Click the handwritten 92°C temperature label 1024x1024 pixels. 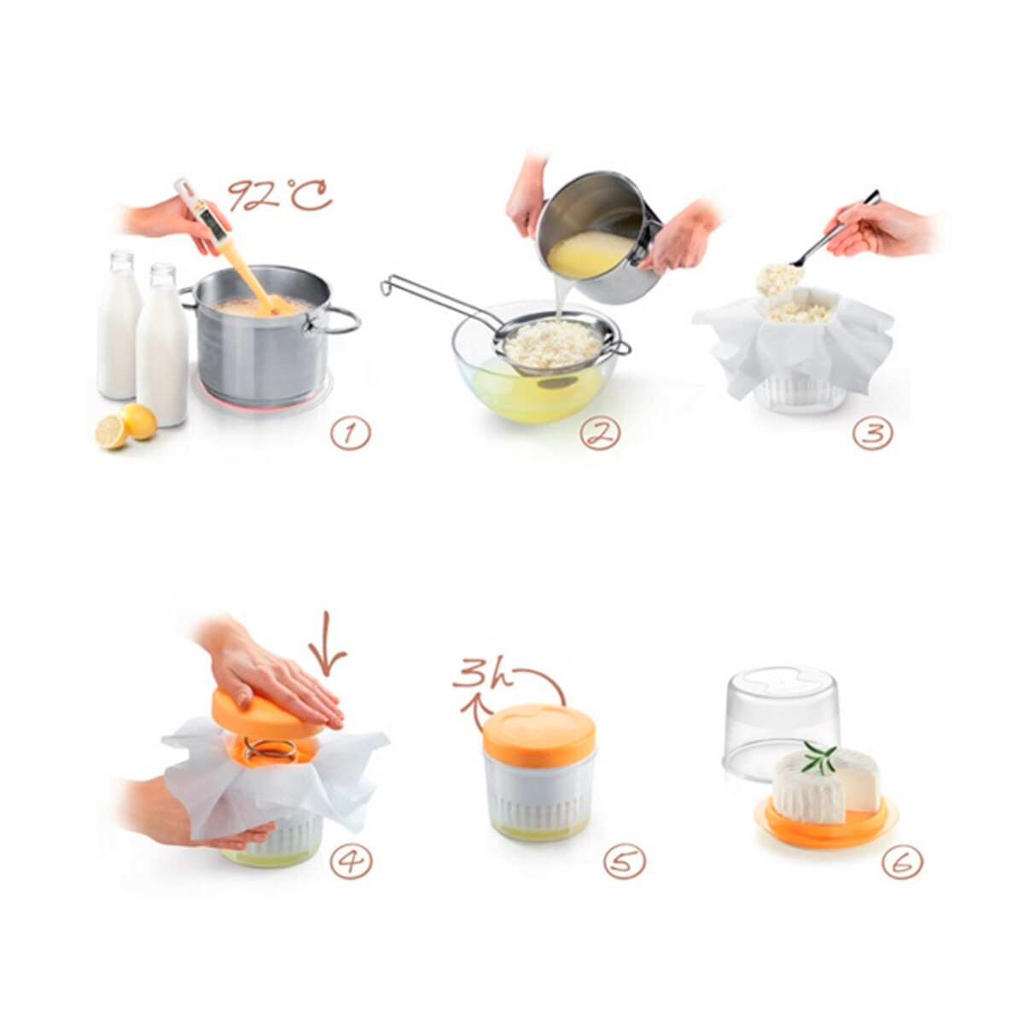280,196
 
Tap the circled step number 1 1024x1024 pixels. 350,434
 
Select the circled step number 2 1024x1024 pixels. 601,434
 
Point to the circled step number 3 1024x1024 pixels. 873,434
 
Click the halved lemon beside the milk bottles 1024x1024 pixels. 112,433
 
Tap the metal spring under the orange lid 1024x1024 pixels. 271,748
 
